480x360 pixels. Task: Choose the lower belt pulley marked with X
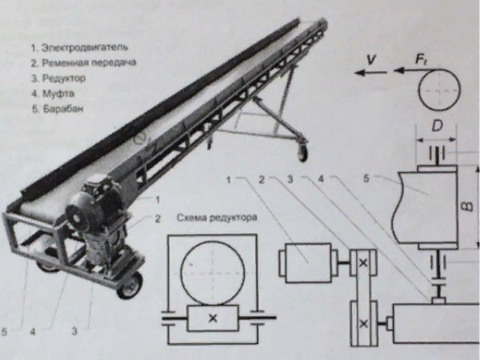click(364, 324)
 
